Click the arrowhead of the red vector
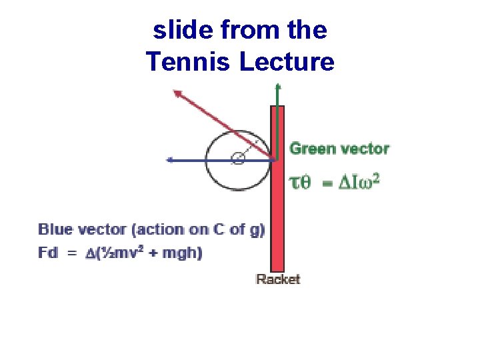177,93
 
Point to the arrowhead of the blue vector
170,159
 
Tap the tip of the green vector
278,86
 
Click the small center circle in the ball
237,159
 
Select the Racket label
278,279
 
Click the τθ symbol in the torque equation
299,183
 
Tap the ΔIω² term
359,183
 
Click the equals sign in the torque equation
327,183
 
